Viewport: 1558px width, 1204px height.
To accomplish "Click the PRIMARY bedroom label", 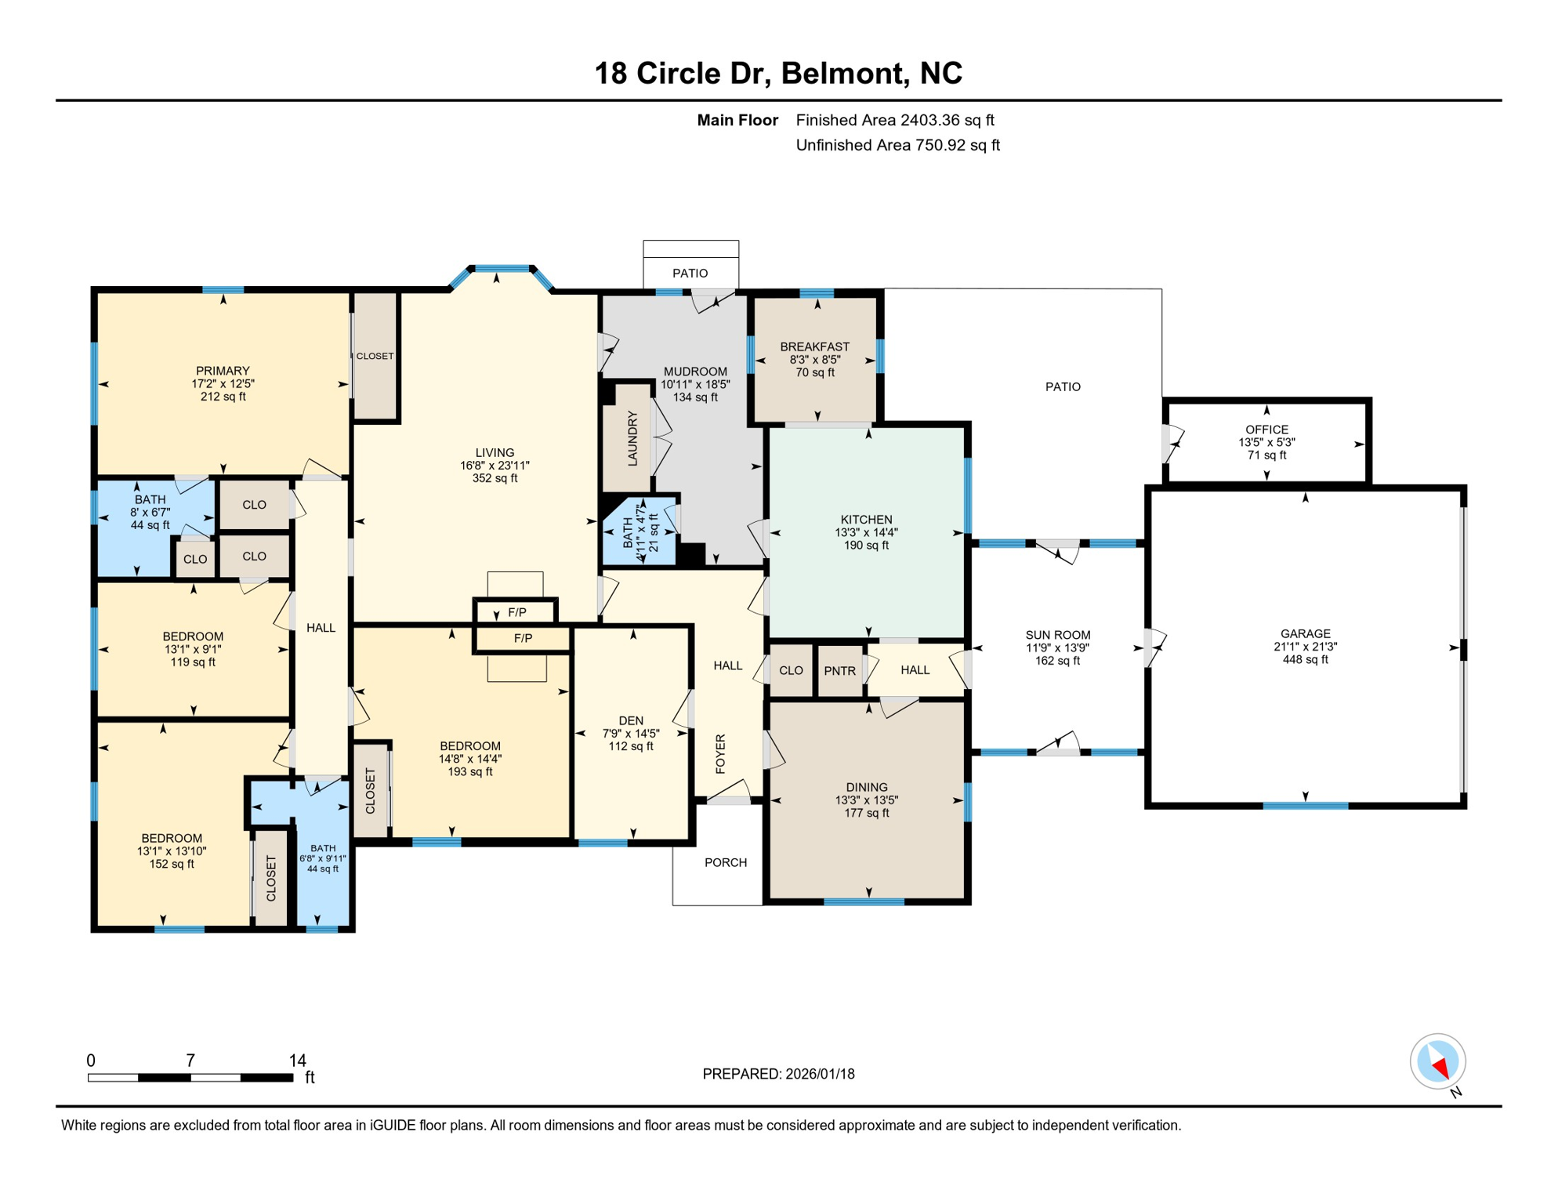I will [x=223, y=371].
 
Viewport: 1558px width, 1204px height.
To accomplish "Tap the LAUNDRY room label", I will [x=632, y=439].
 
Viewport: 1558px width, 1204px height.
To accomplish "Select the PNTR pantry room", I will [x=839, y=671].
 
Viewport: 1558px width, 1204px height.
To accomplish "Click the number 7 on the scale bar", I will [x=190, y=1061].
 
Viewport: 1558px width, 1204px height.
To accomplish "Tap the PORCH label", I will [x=725, y=862].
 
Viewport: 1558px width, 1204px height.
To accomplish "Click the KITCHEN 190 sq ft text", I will [x=866, y=546].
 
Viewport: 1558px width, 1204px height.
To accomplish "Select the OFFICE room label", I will [x=1266, y=430].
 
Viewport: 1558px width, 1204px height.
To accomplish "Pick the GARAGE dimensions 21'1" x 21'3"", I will [x=1305, y=647].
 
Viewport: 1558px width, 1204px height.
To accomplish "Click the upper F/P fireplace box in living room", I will [x=516, y=612].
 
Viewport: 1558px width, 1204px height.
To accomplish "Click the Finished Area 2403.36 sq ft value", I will [x=894, y=120].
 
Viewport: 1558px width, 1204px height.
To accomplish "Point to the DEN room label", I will [x=631, y=720].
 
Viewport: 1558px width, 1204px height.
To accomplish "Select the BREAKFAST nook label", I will [x=814, y=346].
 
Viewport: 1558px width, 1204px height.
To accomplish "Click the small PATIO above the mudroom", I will [x=690, y=273].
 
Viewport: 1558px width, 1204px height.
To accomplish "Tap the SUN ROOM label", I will [x=1057, y=635].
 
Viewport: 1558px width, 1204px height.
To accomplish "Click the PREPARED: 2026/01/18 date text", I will [x=778, y=1074].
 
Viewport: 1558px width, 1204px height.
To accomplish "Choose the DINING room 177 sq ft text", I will [x=866, y=813].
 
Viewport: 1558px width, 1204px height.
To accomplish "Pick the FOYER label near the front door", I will [x=721, y=754].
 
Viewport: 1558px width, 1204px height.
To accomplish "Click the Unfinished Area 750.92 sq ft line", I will [x=897, y=145].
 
